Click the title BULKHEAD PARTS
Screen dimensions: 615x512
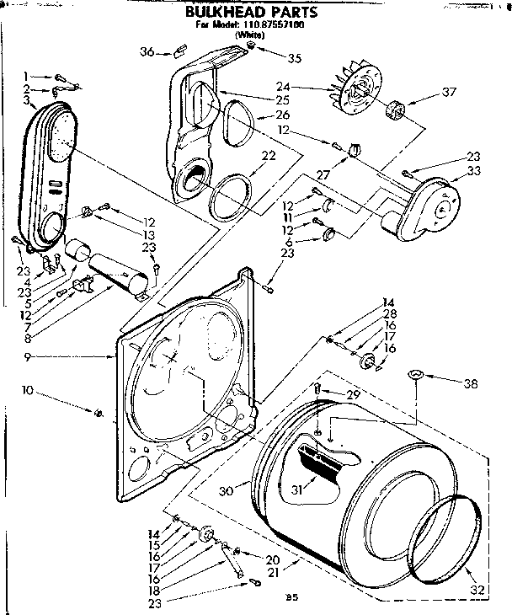tap(251, 12)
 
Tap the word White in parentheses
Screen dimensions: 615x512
tap(248, 35)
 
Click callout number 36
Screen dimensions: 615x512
tap(147, 52)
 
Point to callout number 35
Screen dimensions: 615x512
tap(293, 58)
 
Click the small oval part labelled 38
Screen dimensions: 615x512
tap(415, 375)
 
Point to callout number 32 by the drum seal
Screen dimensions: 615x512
tap(477, 590)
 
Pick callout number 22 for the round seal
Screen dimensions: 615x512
tap(268, 155)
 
